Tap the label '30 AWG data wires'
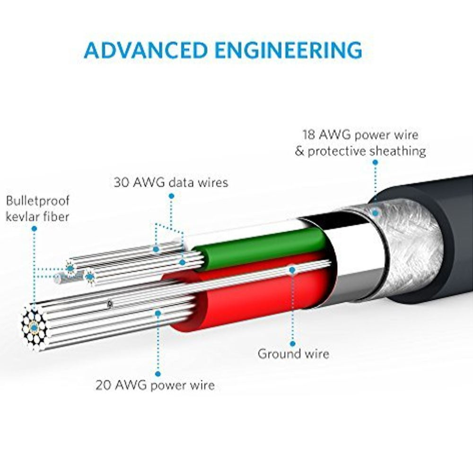(170, 182)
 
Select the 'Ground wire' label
(293, 353)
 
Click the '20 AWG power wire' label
(155, 385)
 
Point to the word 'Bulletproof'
(37, 201)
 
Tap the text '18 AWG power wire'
(360, 135)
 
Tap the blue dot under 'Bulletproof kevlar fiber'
(34, 228)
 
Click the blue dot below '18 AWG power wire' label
(375, 162)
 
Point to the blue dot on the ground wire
(292, 270)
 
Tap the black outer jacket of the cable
(435, 236)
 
